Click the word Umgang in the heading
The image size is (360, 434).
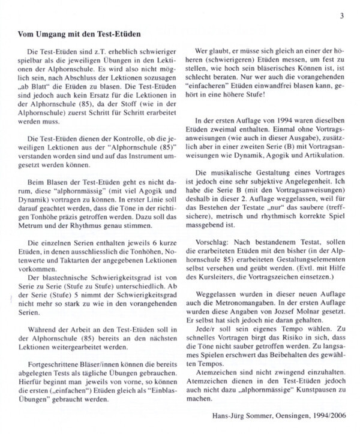click(x=53, y=35)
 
